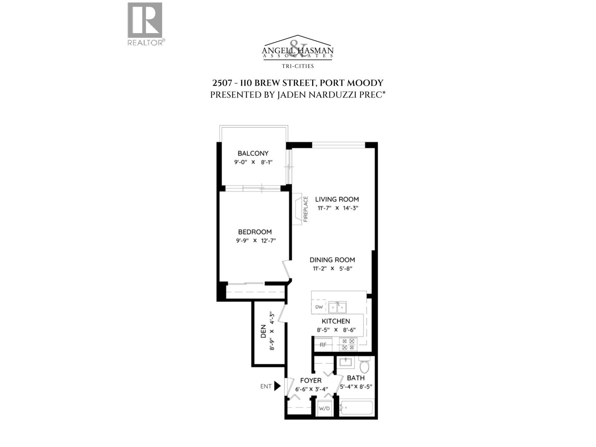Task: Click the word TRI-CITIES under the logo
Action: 298,66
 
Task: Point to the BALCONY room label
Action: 253,153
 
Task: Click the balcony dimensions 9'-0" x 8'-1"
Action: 253,162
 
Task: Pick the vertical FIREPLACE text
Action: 306,209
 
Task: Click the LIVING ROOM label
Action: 337,199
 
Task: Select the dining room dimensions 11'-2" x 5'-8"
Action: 332,269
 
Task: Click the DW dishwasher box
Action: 319,307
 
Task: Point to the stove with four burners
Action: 348,344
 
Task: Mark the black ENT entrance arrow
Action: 277,386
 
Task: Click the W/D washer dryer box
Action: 324,409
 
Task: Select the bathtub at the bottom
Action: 356,408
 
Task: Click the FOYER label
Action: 311,381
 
